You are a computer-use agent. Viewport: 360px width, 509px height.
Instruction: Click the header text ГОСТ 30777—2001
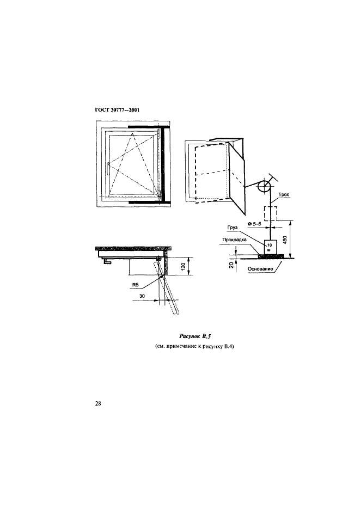coord(117,110)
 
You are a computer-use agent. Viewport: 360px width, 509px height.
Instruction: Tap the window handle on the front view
coord(107,169)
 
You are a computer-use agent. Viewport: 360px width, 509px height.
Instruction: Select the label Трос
coord(284,194)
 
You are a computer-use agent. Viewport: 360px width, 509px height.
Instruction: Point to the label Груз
coord(233,228)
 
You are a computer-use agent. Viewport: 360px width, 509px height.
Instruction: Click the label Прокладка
coord(234,240)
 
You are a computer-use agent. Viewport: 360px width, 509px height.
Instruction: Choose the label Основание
coord(260,269)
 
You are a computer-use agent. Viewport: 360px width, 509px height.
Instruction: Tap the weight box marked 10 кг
coord(270,247)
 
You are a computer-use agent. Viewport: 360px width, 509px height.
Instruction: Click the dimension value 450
coord(285,240)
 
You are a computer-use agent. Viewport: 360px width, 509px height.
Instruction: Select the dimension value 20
coord(231,265)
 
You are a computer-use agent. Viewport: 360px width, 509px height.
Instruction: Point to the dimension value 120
coord(183,267)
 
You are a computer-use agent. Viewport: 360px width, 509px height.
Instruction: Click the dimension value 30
coord(142,296)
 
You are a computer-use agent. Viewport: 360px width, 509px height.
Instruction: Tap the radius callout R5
coord(136,285)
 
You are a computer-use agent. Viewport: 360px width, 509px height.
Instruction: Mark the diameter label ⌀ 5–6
coord(254,224)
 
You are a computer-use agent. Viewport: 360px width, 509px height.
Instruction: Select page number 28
coord(98,404)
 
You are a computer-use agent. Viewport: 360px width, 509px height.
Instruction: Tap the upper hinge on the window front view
coord(158,134)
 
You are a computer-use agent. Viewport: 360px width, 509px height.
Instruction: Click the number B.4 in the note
coord(229,346)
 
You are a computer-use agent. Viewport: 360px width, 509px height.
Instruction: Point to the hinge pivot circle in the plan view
coord(160,259)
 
